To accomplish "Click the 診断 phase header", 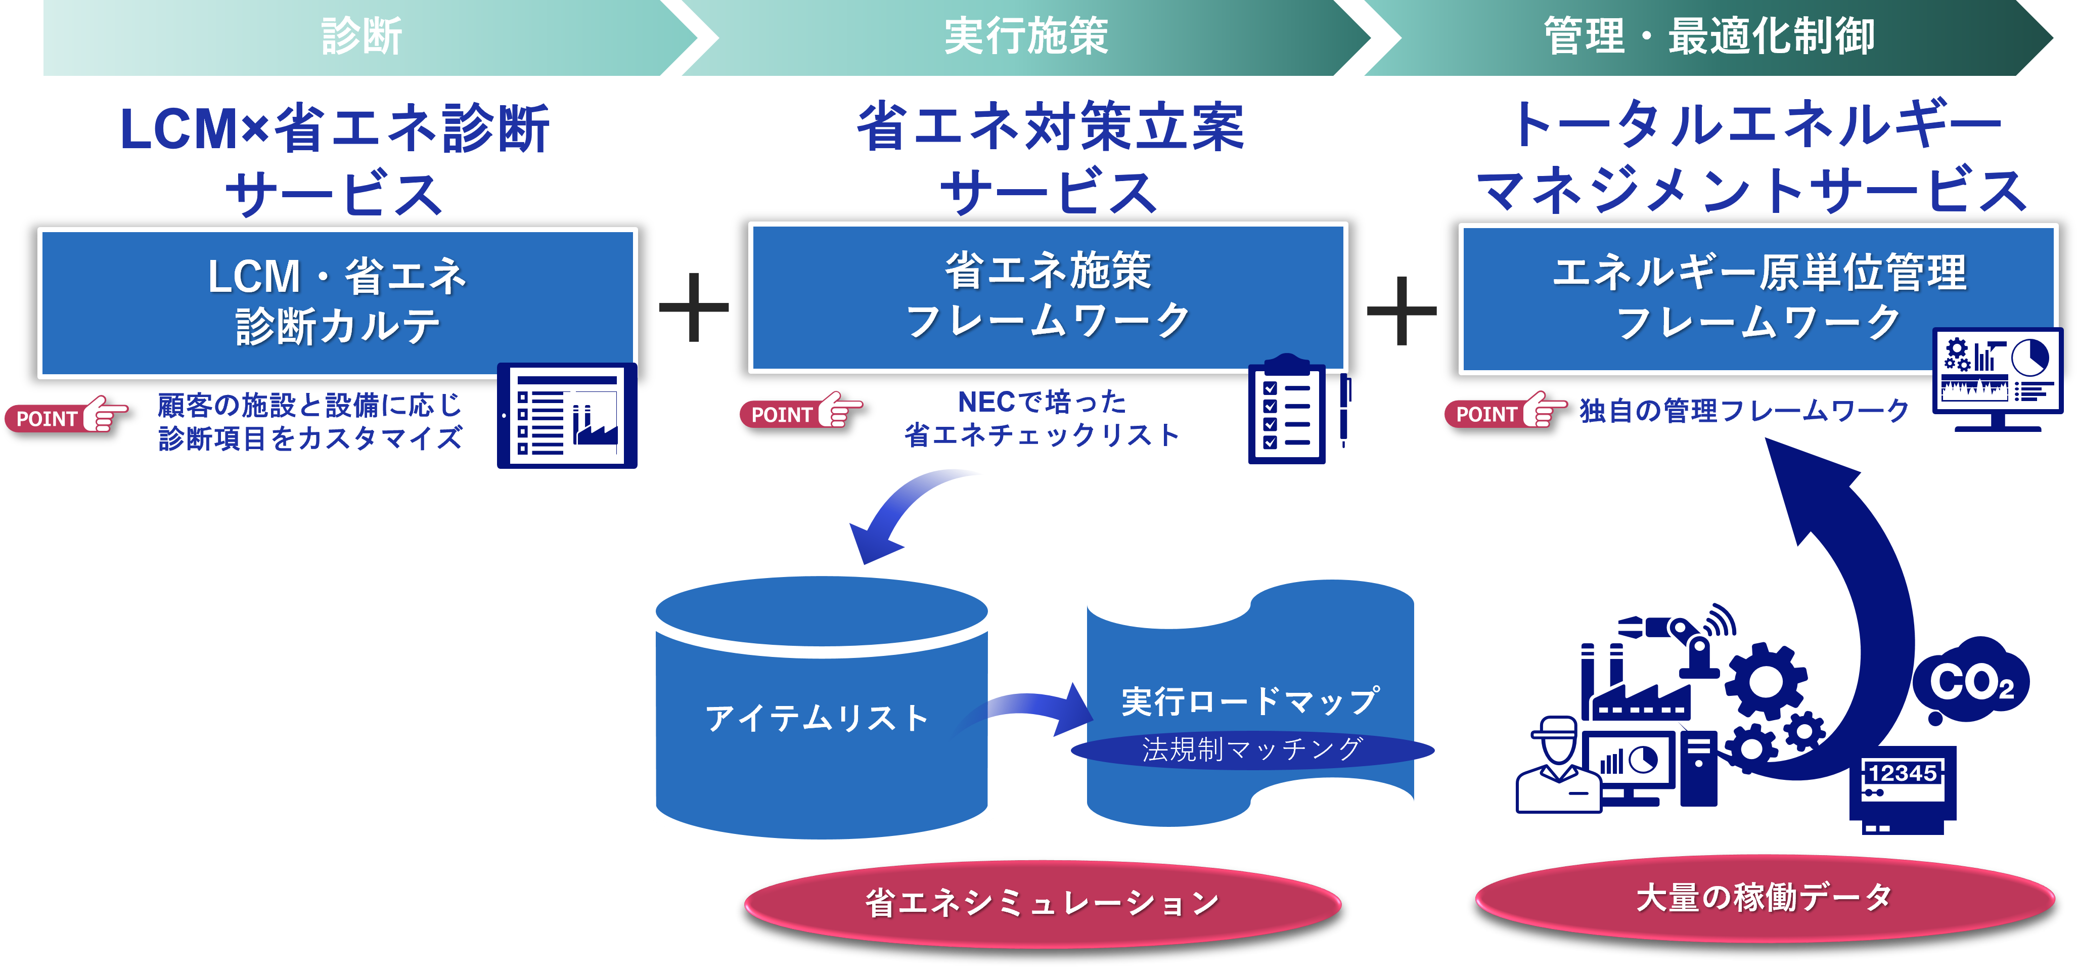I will pos(361,37).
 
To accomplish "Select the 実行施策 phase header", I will pos(1025,37).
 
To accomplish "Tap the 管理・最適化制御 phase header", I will pos(1709,37).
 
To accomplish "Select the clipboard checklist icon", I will pos(1288,411).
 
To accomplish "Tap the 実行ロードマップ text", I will pos(1250,700).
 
